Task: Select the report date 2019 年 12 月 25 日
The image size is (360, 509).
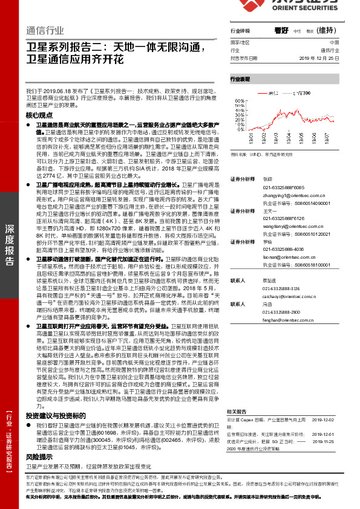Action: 324,59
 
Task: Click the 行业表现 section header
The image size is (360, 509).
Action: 240,79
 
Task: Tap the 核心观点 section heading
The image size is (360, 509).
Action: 40,114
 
